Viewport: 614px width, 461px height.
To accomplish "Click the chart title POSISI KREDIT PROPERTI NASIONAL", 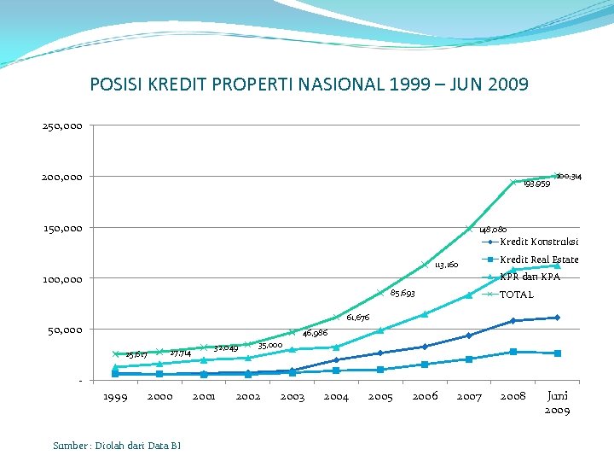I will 309,85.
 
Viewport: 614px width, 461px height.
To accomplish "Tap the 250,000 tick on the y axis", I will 62,126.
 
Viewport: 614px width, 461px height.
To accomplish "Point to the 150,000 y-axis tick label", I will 62,228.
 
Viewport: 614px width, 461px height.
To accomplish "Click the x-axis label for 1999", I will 115,396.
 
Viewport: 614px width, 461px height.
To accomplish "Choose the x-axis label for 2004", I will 336,396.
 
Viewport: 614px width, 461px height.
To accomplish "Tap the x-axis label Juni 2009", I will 557,402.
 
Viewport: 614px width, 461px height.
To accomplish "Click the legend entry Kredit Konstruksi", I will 539,242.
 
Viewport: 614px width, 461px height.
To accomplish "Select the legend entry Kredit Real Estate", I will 539,260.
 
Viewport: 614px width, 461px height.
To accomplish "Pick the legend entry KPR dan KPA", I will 529,277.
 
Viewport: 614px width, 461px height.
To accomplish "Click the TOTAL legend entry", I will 516,295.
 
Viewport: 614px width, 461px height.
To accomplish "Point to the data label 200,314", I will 575,176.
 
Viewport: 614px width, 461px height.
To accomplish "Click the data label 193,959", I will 536,184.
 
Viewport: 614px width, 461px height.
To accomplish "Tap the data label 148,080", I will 493,230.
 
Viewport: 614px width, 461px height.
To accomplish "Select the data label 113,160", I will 447,266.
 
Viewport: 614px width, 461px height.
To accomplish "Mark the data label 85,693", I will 403,295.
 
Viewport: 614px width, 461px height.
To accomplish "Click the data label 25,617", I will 136,354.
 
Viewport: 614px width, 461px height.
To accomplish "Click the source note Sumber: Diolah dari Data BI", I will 117,445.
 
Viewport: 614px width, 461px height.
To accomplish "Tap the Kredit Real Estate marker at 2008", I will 513,352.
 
